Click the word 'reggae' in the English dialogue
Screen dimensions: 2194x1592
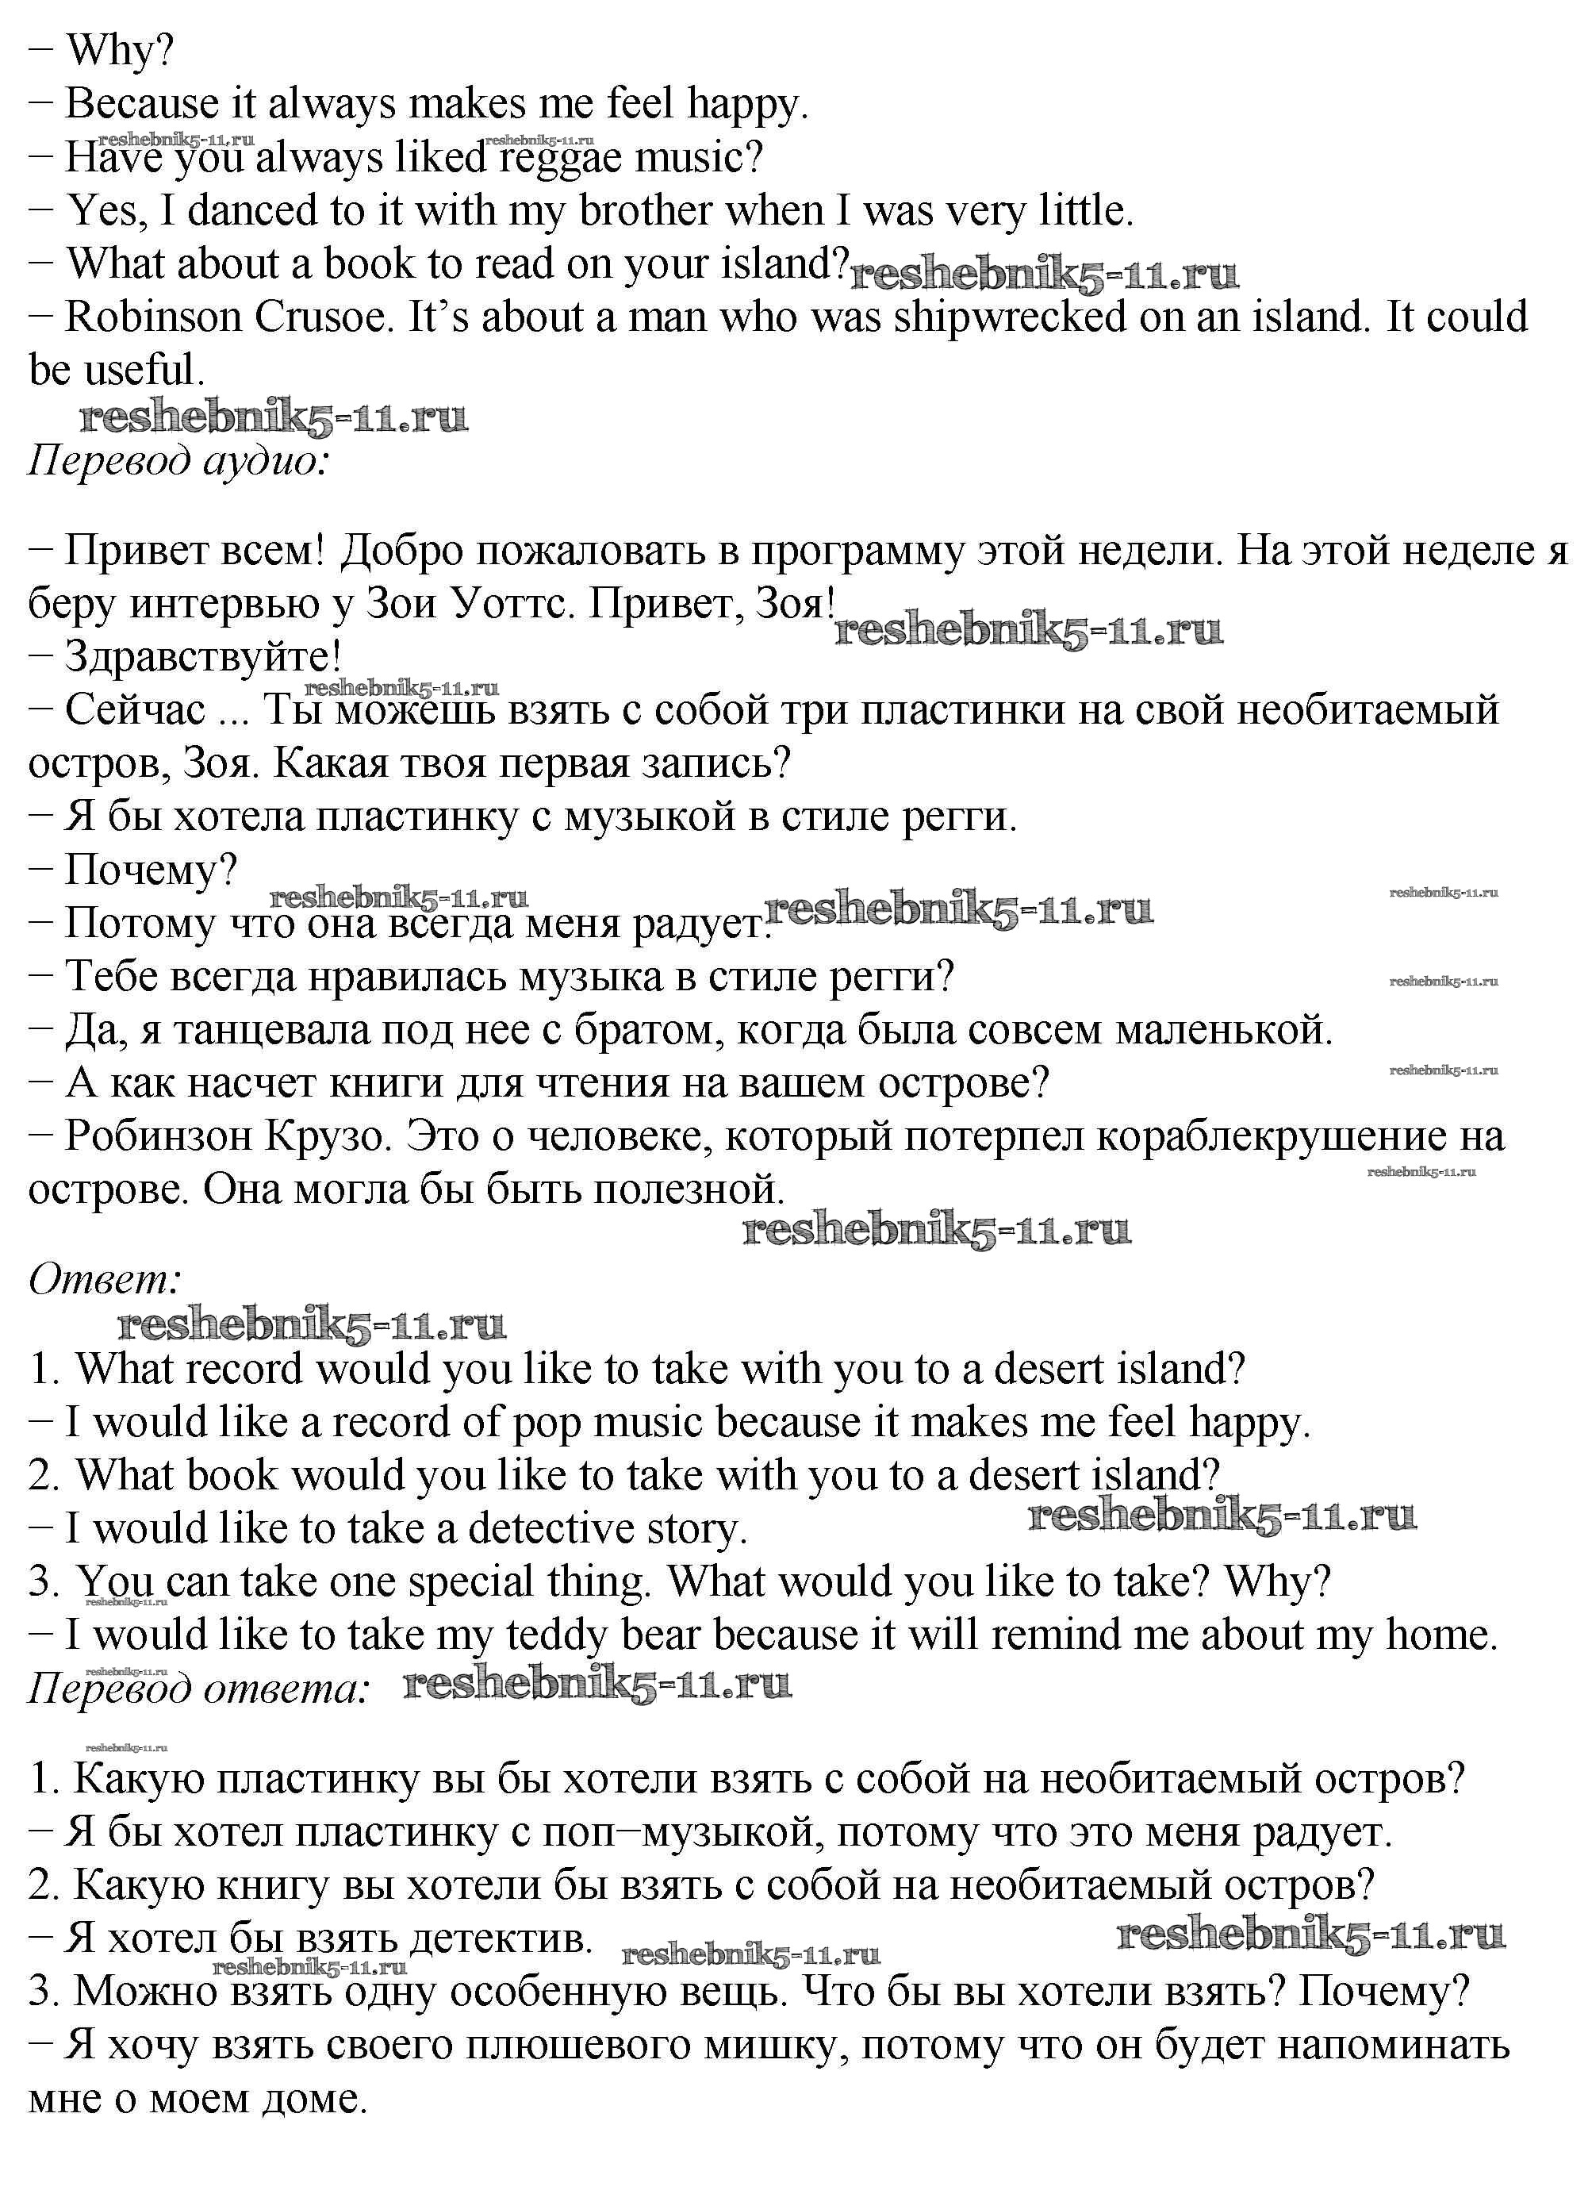[560, 158]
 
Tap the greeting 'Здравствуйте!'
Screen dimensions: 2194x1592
[203, 657]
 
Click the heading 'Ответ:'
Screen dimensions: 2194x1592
[105, 1280]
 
